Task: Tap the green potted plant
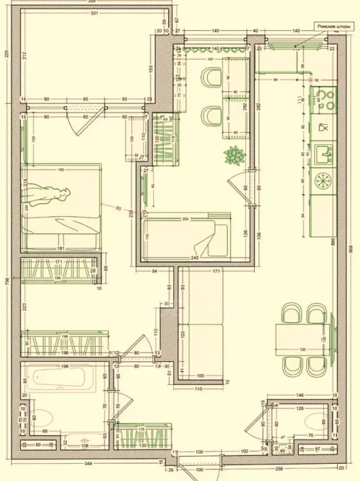(234, 154)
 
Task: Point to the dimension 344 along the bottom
(87, 464)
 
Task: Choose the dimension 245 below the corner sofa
(193, 258)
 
